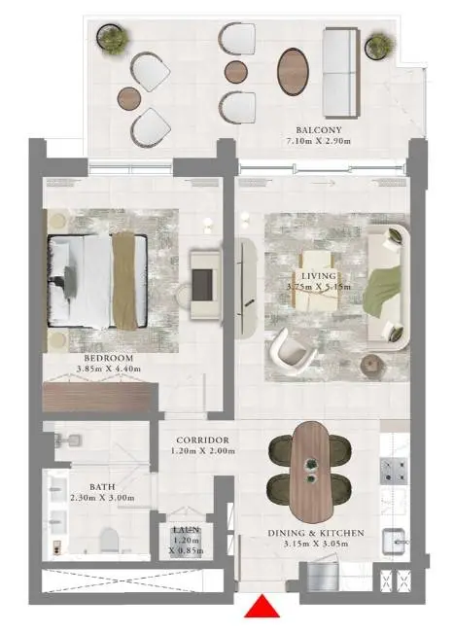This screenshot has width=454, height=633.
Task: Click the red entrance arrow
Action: pos(262,607)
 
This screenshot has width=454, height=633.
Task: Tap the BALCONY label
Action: pos(319,130)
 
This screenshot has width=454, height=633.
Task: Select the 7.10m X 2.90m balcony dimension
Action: pos(319,141)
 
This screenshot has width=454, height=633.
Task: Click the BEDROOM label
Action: pos(109,358)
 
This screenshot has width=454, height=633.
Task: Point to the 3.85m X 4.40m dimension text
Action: pos(109,369)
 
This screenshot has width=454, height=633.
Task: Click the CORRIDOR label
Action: pos(202,440)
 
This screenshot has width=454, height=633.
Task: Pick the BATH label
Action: pos(102,487)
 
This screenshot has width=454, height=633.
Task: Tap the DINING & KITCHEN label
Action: pos(316,533)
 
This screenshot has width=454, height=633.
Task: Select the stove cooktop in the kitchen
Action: pos(394,471)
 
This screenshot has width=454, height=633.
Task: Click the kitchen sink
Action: pos(395,541)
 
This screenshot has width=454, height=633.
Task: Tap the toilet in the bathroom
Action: pos(109,541)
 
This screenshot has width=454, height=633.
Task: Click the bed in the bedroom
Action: pos(97,281)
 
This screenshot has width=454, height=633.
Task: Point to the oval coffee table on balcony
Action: pos(293,72)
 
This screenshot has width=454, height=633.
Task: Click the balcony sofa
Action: pos(340,73)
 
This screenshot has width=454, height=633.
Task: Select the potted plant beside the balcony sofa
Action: pos(379,45)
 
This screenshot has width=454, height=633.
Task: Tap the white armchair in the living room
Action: pos(293,353)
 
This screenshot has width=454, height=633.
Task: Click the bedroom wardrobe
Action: pos(100,398)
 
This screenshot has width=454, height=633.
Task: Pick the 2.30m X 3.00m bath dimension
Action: pos(102,498)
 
